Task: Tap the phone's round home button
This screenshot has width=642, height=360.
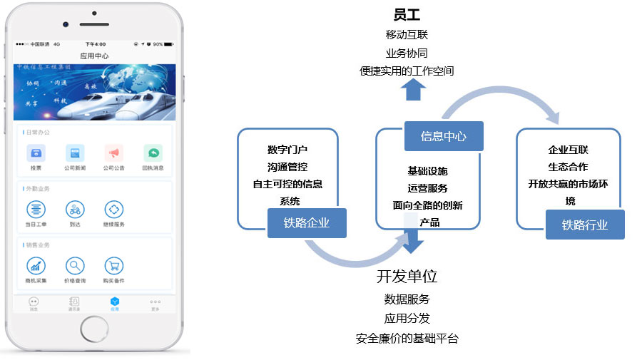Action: tap(94, 328)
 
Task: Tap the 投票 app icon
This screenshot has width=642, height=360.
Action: tap(36, 153)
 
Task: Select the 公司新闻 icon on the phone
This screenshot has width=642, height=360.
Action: tap(75, 153)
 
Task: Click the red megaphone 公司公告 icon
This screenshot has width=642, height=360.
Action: tap(113, 153)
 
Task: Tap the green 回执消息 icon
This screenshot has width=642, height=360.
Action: tap(153, 153)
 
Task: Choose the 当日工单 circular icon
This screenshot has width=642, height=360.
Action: tap(36, 210)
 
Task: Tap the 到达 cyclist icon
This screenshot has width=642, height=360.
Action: tap(75, 210)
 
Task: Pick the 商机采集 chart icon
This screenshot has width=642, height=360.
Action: tap(36, 266)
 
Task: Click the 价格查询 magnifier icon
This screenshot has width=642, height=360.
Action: tap(75, 266)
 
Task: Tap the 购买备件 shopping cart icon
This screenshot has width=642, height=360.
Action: tap(113, 266)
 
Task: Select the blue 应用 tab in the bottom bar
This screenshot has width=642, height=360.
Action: tap(114, 304)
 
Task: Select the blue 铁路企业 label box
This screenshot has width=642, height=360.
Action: tap(307, 223)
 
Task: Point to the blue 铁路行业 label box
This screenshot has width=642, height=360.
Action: tap(585, 225)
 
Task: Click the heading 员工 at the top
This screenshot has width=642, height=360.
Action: tap(407, 14)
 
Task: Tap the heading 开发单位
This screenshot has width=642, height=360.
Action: tap(407, 277)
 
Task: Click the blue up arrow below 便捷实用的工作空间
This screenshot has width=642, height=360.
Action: tap(414, 90)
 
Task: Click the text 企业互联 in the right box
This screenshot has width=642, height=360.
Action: tap(568, 150)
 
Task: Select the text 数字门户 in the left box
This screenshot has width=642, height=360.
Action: tap(287, 150)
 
